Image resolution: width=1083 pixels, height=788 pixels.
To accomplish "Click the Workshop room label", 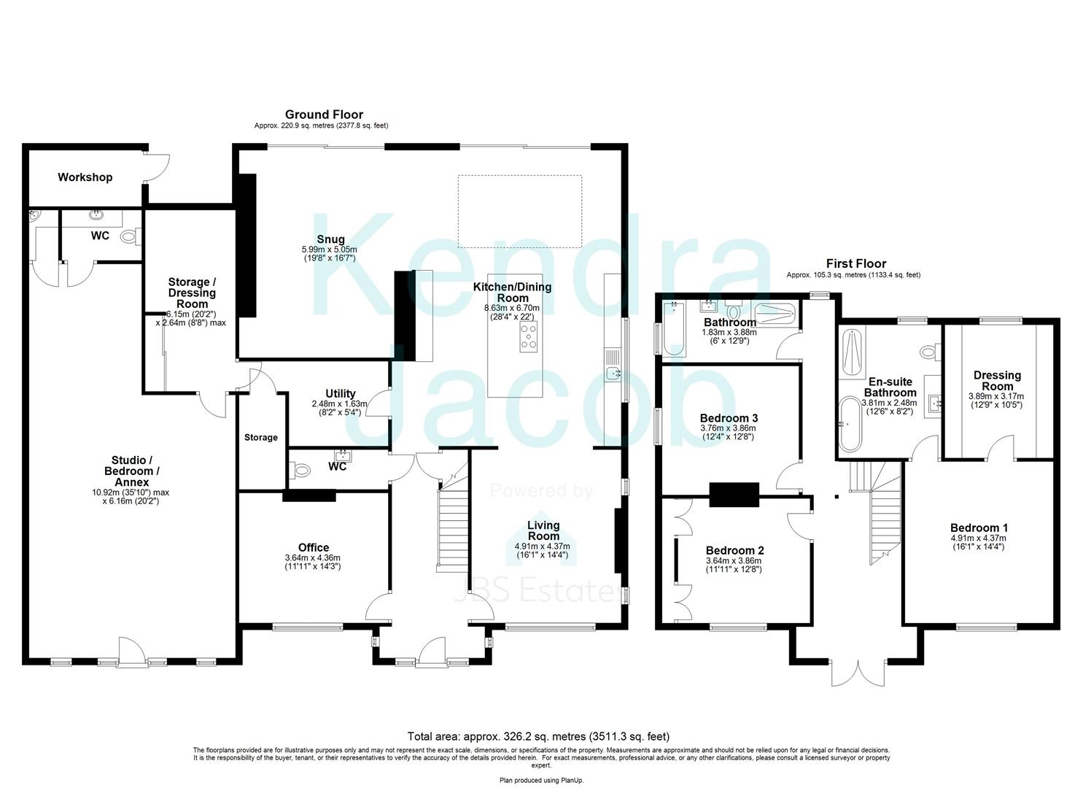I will (85, 177).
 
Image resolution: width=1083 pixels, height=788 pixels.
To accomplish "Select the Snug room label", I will (330, 239).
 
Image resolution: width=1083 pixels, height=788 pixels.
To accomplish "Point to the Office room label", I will (314, 547).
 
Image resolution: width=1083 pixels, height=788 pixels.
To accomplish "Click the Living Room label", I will (543, 530).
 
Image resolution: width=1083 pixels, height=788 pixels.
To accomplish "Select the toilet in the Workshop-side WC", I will (131, 236).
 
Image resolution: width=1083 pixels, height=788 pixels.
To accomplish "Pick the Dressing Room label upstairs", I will (997, 381).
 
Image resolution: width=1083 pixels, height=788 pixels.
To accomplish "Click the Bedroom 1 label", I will (979, 528).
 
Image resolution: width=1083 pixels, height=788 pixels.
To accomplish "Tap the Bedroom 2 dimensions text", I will (734, 565).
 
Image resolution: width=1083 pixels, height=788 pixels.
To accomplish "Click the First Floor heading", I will (855, 263).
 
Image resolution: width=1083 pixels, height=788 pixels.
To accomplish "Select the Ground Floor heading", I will (324, 115).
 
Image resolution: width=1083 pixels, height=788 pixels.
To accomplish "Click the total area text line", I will (538, 736).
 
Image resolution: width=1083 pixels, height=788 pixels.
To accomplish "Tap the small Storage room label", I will (260, 437).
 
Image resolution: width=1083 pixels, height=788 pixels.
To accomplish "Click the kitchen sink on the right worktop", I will (613, 374).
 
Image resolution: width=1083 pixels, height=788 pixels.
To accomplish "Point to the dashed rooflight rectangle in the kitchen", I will (519, 212).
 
